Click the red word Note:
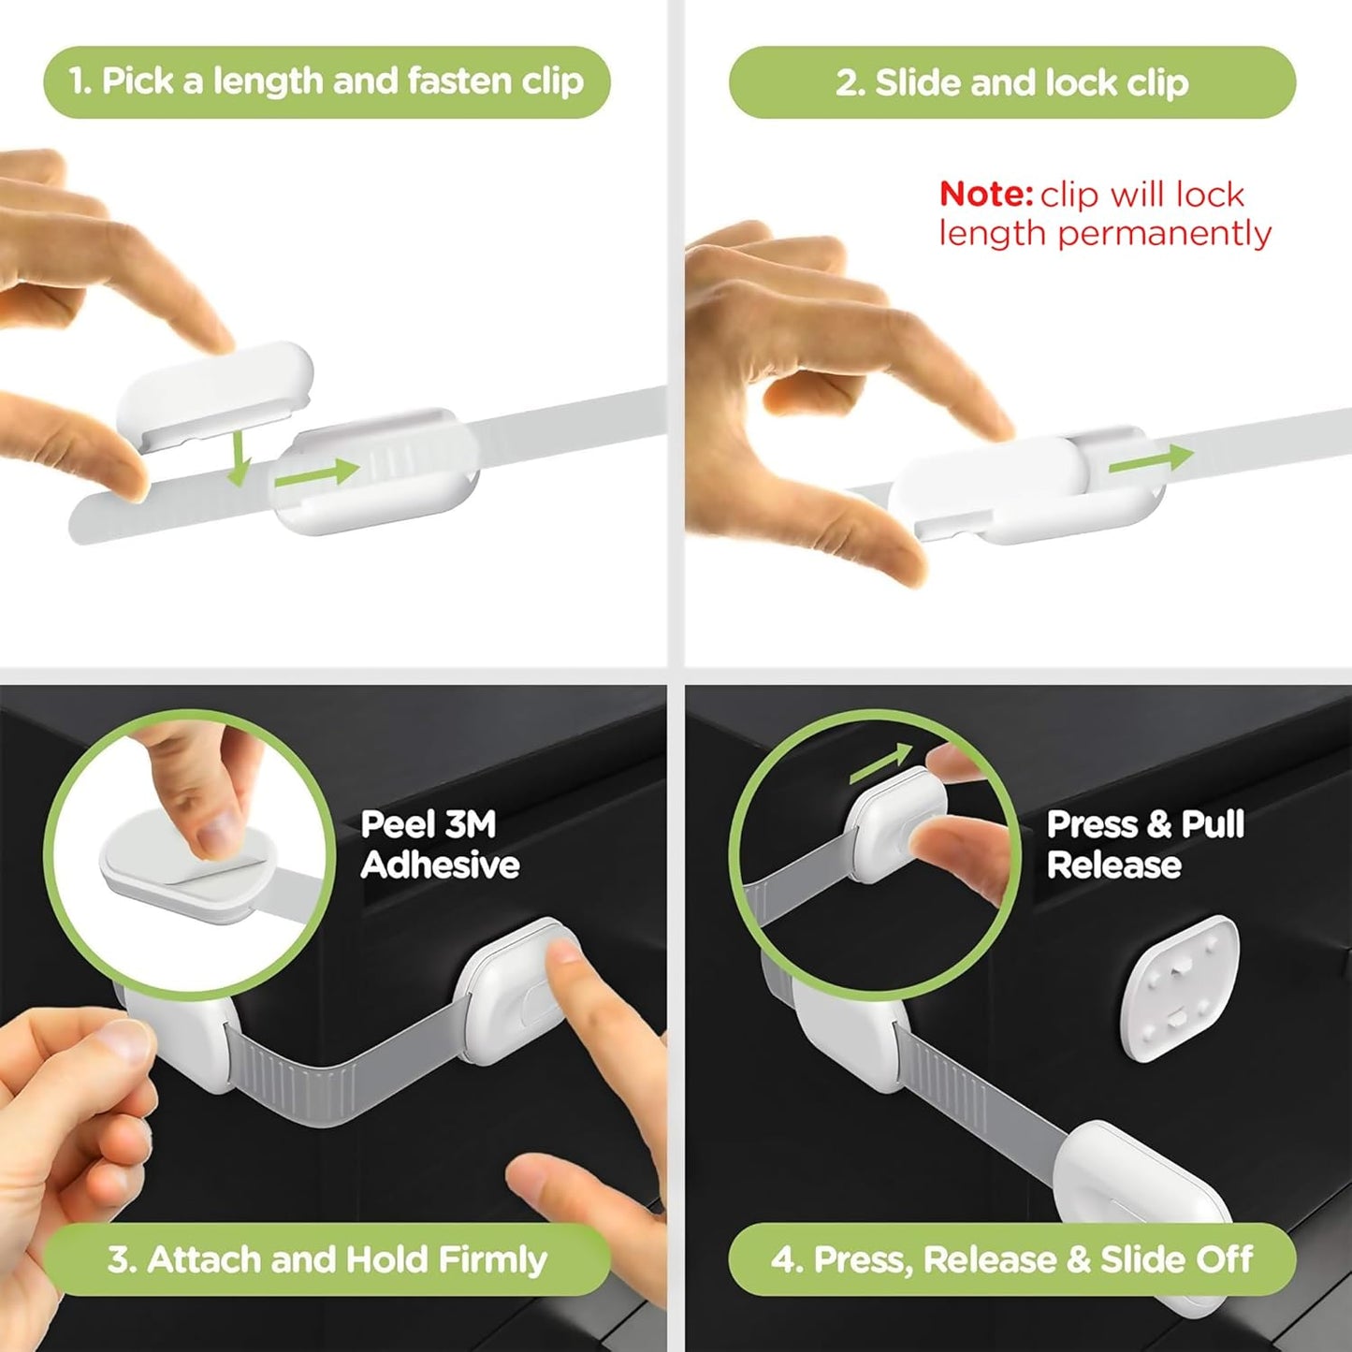pyautogui.click(x=985, y=195)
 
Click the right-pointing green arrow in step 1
pyautogui.click(x=316, y=473)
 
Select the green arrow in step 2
pyautogui.click(x=1150, y=458)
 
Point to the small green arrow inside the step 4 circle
pyautogui.click(x=880, y=763)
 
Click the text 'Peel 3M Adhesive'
pyautogui.click(x=439, y=844)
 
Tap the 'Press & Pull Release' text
pyautogui.click(x=1144, y=844)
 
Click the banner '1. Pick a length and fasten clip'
pyautogui.click(x=327, y=82)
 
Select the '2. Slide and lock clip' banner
pyautogui.click(x=1011, y=83)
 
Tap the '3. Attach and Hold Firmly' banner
pyautogui.click(x=327, y=1259)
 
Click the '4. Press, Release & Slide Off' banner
pyautogui.click(x=1011, y=1259)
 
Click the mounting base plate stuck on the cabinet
pyautogui.click(x=1180, y=988)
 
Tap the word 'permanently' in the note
pyautogui.click(x=1164, y=234)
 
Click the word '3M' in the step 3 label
pyautogui.click(x=471, y=824)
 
